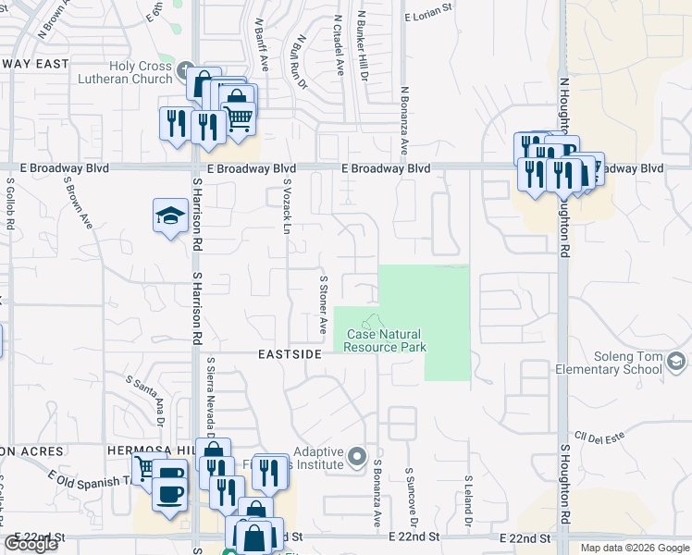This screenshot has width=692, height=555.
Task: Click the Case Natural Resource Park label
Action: pos(385,340)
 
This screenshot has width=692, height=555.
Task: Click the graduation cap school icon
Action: pos(170,216)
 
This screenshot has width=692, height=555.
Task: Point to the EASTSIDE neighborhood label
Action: pos(289,354)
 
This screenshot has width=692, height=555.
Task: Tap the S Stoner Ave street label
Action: pos(323,303)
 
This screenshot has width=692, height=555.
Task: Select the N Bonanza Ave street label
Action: pos(404,121)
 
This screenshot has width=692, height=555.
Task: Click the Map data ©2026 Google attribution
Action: pos(634,548)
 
